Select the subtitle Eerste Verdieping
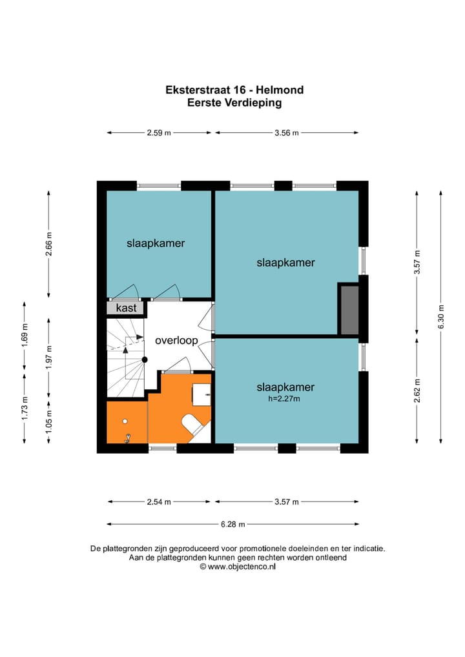pos(234,103)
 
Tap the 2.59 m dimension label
pos(159,133)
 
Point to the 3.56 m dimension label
pos(287,133)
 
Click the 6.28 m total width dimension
pos(232,524)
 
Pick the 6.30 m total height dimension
pos(441,317)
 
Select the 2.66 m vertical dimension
pos(49,245)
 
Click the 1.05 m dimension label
pos(49,421)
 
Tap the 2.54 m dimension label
pos(159,501)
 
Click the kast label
pos(126,308)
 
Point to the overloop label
pos(176,341)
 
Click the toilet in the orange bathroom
pos(194,423)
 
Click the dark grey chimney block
pos(349,310)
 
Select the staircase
pos(125,358)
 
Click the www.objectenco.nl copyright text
pos(238,567)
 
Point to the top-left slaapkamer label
pos(156,243)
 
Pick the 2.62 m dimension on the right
pos(417,391)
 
